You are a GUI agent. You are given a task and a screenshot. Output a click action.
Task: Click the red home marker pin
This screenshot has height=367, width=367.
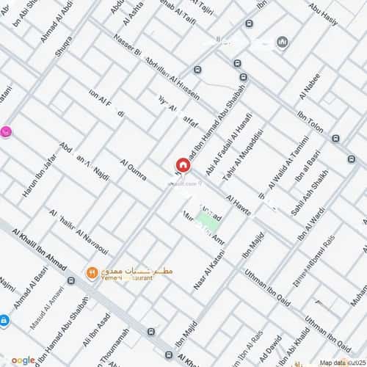(x=181, y=167)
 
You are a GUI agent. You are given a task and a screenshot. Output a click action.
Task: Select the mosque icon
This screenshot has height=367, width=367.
(x=283, y=43)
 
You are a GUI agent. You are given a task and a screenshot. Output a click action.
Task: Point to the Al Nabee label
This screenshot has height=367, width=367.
(x=309, y=86)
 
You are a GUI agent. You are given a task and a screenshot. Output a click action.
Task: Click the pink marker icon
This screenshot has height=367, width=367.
(x=4, y=133)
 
